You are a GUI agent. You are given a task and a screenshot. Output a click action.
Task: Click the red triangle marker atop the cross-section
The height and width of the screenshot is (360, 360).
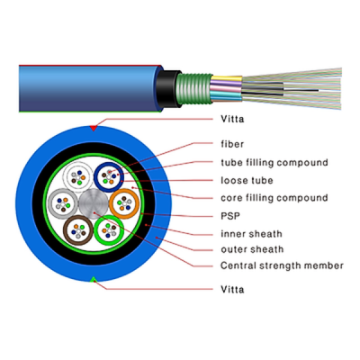coord(94,129)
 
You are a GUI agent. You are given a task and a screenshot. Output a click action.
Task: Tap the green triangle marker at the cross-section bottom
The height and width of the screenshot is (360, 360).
coord(94,280)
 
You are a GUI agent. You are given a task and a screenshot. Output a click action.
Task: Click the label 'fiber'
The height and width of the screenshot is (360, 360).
coord(232,144)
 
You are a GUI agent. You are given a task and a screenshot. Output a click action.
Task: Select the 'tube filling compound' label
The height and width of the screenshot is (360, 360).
coord(274,162)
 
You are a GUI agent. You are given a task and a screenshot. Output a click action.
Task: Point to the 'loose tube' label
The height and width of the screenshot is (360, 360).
coord(247,180)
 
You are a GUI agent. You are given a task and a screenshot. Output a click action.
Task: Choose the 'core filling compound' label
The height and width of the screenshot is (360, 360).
coord(274,198)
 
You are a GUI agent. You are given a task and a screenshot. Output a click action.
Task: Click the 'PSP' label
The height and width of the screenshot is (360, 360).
coord(230,216)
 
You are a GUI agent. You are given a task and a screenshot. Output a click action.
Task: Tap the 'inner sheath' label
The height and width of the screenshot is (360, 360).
coord(251,234)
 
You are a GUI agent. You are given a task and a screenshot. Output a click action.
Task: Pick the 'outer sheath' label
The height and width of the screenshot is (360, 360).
coord(252,249)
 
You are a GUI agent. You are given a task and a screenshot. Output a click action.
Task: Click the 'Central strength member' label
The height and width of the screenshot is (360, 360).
coord(282,265)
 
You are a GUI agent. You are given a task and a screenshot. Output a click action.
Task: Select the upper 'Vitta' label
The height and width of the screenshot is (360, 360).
coord(232,119)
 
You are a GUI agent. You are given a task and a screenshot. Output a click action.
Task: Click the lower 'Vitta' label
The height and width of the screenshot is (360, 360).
coord(232,289)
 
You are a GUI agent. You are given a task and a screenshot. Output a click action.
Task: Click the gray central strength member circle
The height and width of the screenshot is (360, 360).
coord(94,204)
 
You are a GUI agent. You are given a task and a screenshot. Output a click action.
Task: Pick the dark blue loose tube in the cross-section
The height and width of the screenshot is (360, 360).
coord(96,177)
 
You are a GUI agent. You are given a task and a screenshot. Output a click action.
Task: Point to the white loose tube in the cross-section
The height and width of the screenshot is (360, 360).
coord(67,177)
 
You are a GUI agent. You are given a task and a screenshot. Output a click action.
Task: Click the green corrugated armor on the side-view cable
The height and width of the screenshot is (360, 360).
coord(194,89)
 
